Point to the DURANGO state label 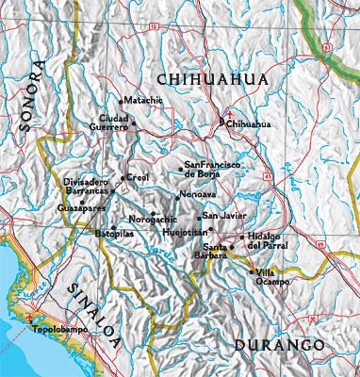(x=279, y=346)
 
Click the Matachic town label (x=144, y=100)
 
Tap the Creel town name (x=138, y=177)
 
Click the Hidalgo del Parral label (x=267, y=241)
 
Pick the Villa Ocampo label (x=271, y=276)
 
